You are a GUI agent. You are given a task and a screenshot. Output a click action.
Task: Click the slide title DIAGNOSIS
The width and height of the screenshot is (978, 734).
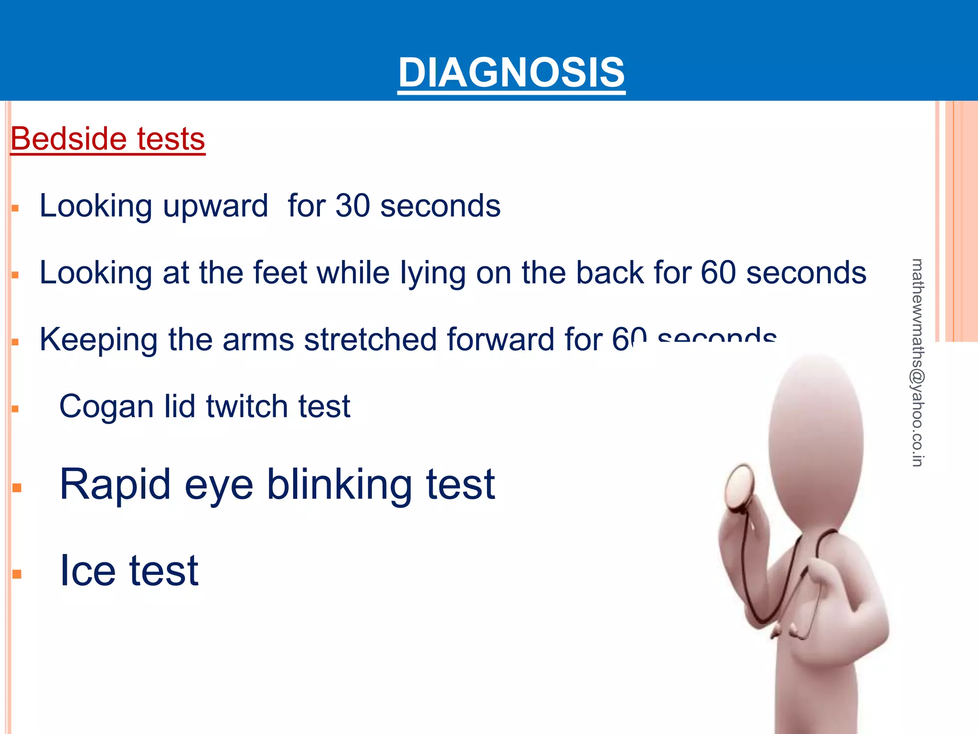[511, 73]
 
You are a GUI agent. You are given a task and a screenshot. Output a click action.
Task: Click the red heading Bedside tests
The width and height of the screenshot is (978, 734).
[108, 139]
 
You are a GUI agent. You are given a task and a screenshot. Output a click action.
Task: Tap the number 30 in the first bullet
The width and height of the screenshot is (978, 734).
[353, 206]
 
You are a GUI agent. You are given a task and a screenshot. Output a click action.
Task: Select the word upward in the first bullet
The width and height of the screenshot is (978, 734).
[215, 207]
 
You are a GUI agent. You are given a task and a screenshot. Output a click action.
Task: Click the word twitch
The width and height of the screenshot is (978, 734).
[247, 407]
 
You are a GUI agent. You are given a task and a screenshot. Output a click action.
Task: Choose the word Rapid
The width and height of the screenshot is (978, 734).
[115, 486]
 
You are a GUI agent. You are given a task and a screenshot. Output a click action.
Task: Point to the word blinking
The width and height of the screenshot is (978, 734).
[339, 486]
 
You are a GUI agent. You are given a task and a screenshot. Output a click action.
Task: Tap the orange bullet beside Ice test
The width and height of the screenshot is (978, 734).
[17, 574]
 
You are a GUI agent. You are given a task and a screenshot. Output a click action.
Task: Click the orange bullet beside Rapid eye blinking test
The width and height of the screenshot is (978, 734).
[17, 488]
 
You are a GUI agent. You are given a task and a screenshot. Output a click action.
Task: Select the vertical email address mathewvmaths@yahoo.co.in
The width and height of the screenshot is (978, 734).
[917, 362]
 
